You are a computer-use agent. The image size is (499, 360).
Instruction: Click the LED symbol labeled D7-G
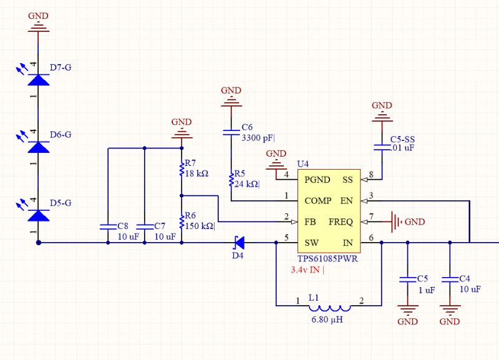(x=39, y=80)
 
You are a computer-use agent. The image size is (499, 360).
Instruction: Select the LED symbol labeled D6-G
(x=39, y=147)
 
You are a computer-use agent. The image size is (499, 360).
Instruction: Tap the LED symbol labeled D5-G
(x=39, y=215)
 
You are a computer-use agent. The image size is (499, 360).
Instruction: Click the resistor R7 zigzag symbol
(x=182, y=169)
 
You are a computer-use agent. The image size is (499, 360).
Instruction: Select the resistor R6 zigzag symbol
(x=182, y=221)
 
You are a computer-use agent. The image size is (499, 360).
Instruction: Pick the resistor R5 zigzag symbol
(x=231, y=180)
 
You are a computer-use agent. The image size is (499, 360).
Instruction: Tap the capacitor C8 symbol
(x=109, y=226)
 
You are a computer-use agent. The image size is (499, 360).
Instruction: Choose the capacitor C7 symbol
(x=144, y=226)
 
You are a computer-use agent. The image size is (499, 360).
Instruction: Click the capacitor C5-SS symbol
(x=382, y=147)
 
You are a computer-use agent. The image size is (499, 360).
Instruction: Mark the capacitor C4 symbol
(x=449, y=279)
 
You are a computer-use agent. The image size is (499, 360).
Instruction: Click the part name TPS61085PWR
(x=324, y=258)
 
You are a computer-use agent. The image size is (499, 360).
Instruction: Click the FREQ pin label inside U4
(x=341, y=221)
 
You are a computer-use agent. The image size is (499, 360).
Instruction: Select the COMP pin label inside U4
(x=318, y=201)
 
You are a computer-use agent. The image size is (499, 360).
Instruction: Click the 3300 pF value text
(x=258, y=138)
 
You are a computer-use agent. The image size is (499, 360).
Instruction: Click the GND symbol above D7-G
(x=39, y=24)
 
